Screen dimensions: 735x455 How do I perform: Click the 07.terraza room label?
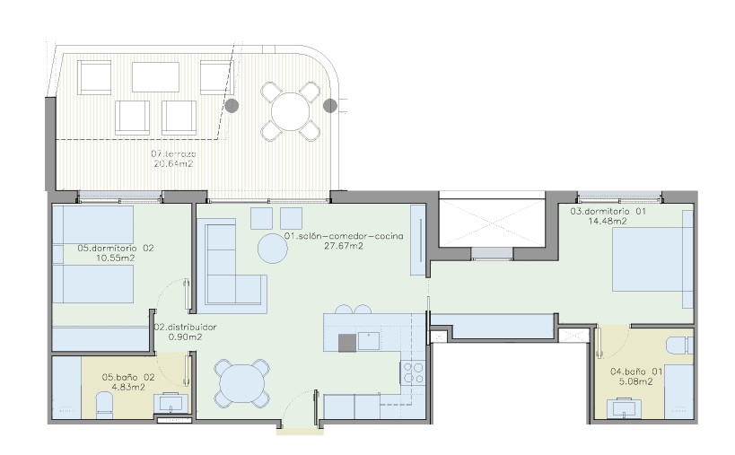point(173,153)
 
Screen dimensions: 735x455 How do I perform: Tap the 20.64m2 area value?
point(173,164)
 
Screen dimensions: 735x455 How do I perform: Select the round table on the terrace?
point(291,111)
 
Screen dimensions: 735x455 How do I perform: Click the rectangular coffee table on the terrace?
point(155,77)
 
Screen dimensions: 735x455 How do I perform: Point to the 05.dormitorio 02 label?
point(115,248)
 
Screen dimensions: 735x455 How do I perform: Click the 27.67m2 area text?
point(344,246)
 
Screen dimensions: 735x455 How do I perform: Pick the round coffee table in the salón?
point(273,249)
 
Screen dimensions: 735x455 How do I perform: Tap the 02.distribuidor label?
point(186,327)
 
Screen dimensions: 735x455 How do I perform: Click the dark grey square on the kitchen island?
point(347,343)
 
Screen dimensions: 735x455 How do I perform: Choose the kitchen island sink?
point(369,341)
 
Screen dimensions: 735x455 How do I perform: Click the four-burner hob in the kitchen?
point(413,373)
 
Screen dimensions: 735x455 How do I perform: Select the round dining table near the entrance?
point(242,383)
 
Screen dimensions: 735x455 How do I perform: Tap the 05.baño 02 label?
point(128,377)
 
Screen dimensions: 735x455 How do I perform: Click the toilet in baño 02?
point(104,405)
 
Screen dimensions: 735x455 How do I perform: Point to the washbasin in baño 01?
point(626,407)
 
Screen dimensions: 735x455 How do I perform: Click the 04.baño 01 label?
point(636,372)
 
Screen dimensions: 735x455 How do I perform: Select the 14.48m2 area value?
point(608,221)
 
